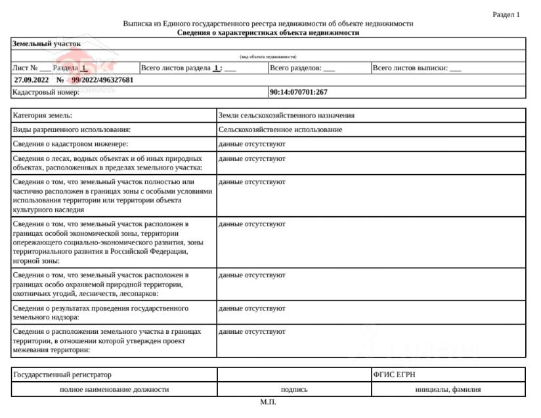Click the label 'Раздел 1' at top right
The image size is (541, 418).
[x=506, y=14]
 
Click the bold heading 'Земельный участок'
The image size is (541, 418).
[x=46, y=43]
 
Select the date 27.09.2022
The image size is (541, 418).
[x=31, y=80]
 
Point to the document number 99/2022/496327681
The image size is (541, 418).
[x=102, y=80]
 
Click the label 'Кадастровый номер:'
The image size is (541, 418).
[x=46, y=92]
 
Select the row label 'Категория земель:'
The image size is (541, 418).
[x=43, y=115]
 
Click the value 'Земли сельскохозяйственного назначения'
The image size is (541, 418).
[x=286, y=115]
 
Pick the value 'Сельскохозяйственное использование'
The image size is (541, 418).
[x=280, y=129]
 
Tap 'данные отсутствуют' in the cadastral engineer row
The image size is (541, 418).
[x=251, y=143]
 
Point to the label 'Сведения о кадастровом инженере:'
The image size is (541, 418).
[x=70, y=143]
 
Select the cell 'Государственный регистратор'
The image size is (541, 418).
[x=62, y=375]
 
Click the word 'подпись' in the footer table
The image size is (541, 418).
[x=294, y=389]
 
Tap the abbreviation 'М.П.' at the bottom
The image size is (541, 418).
[x=268, y=402]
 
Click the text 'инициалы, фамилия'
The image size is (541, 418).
[x=448, y=389]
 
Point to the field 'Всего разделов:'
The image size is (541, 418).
[x=295, y=68]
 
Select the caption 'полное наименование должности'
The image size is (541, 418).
[x=114, y=389]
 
